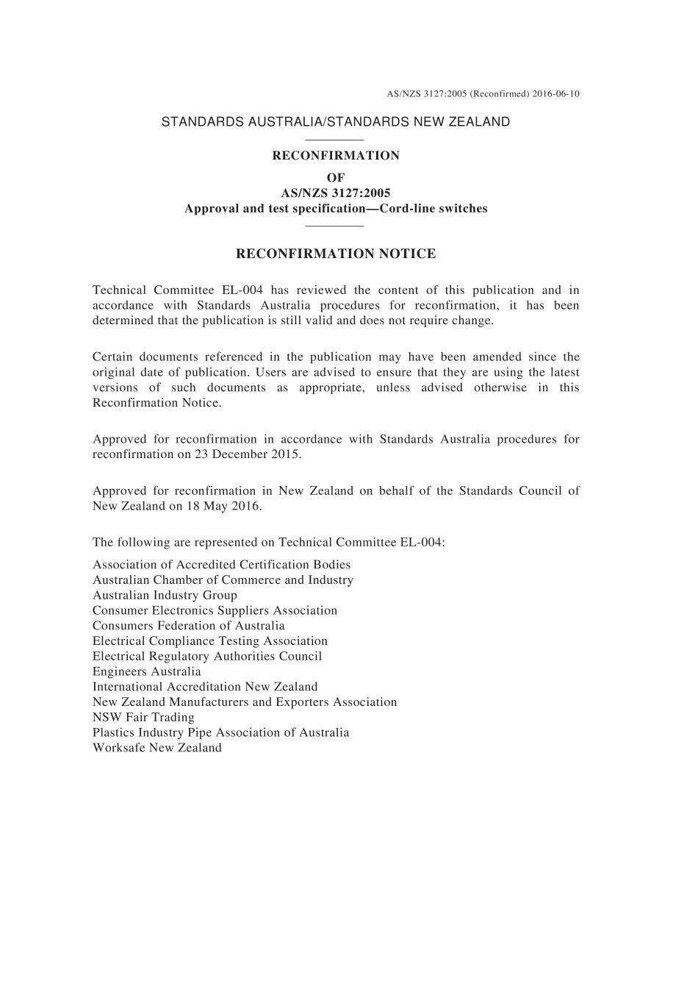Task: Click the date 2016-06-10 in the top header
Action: [x=555, y=94]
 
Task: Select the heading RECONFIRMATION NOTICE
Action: [x=336, y=254]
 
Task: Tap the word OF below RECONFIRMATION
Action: [x=336, y=177]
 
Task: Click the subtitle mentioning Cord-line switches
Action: [x=336, y=208]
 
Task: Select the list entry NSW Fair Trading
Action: [x=143, y=717]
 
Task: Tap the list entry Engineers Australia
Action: [x=146, y=671]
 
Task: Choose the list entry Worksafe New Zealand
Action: [x=156, y=748]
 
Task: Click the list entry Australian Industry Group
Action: [x=165, y=595]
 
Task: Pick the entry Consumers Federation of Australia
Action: [x=188, y=626]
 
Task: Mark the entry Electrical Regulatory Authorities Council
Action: [x=207, y=656]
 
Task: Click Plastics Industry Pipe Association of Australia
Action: [x=220, y=732]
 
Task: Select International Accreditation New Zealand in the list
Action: [x=205, y=687]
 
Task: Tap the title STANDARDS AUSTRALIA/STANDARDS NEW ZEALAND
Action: [x=336, y=122]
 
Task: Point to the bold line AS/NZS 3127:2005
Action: [x=336, y=193]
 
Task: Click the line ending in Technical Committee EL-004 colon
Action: [x=268, y=543]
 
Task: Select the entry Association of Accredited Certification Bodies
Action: [x=221, y=565]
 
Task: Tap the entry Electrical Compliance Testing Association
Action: [x=210, y=641]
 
